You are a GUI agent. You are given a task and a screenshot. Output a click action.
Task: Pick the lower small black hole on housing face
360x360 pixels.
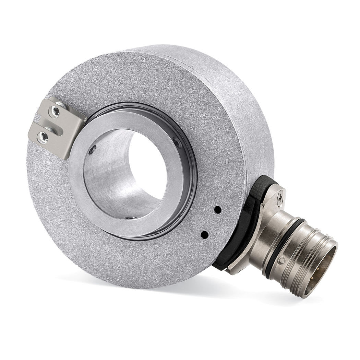coord(205,235)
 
